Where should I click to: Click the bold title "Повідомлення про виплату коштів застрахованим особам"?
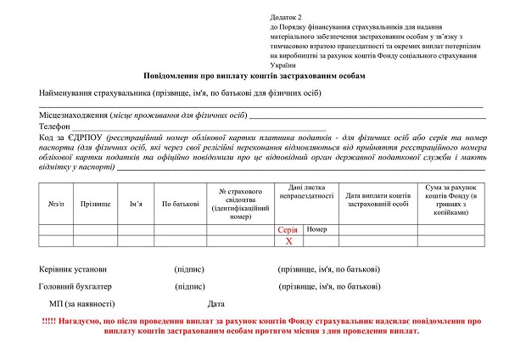tap(255, 76)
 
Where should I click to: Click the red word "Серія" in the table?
tap(288, 230)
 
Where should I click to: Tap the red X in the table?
tap(288, 241)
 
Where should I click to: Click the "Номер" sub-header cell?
tap(317, 229)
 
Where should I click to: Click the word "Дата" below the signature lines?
tap(215, 303)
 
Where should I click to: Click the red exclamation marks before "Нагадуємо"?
tap(49, 321)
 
